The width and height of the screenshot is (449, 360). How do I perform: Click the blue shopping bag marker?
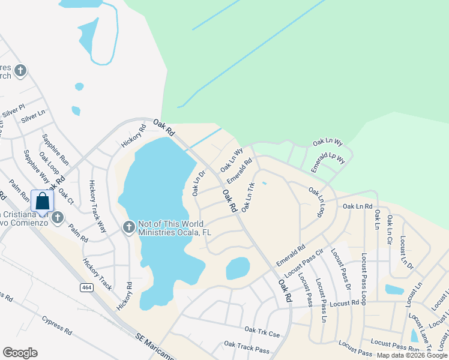(43, 201)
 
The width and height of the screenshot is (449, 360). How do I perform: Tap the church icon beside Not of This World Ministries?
(128, 227)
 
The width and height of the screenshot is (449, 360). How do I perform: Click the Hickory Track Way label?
(97, 206)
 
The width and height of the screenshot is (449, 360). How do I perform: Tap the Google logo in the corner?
(20, 352)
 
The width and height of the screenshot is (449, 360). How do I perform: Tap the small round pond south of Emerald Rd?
(238, 268)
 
